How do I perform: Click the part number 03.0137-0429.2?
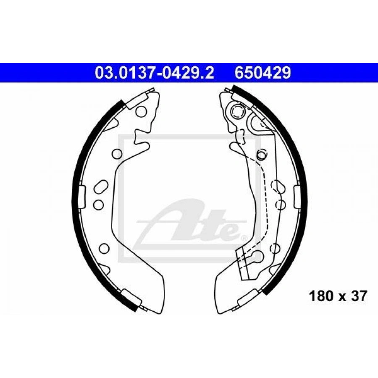(155, 73)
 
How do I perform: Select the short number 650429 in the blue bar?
(263, 73)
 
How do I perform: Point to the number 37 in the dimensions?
(359, 296)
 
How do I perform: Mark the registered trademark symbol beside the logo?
(244, 238)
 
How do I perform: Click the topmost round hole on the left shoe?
(141, 112)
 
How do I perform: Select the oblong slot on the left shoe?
(101, 186)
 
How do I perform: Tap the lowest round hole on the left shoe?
(105, 248)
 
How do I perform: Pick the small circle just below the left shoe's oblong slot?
(98, 205)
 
